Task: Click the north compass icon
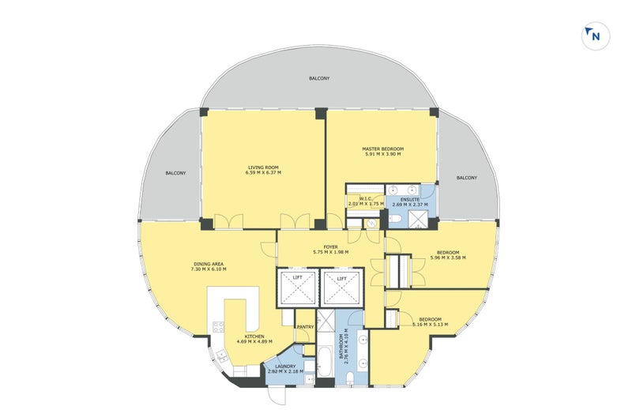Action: coord(596,36)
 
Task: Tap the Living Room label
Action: coord(263,167)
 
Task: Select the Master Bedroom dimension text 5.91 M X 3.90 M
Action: coord(382,154)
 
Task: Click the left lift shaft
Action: coord(298,288)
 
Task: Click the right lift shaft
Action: coord(342,288)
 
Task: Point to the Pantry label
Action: coord(305,327)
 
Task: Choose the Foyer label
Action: coord(330,246)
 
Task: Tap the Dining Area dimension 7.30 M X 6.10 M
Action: coord(209,269)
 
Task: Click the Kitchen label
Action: coord(254,337)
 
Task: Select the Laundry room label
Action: coord(285,367)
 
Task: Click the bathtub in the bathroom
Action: coord(325,361)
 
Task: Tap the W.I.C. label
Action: coord(366,199)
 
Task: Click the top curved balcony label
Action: coord(319,78)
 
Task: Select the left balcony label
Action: coord(175,173)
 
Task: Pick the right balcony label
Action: coord(467,178)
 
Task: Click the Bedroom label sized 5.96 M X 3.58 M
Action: coord(448,252)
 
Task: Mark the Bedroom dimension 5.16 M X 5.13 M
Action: coord(430,324)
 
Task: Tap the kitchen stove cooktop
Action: coord(218,327)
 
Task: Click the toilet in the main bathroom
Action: coord(350,378)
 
